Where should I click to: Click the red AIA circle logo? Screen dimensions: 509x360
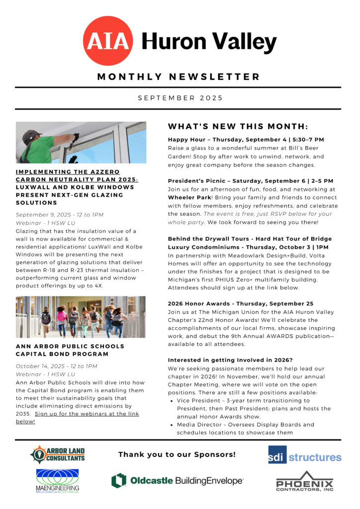(x=108, y=41)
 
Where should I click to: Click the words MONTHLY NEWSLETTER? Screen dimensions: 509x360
(x=179, y=77)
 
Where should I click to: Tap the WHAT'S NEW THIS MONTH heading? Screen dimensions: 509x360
(x=238, y=126)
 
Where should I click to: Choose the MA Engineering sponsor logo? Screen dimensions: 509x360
(x=58, y=481)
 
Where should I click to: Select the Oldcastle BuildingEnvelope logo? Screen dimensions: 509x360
(x=178, y=480)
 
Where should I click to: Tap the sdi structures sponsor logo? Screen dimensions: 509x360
(x=304, y=455)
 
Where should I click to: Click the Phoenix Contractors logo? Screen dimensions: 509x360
(x=304, y=481)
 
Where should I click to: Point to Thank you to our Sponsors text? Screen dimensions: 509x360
(x=177, y=454)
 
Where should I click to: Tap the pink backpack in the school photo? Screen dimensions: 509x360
(x=62, y=315)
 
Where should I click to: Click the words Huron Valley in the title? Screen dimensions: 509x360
(x=209, y=41)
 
